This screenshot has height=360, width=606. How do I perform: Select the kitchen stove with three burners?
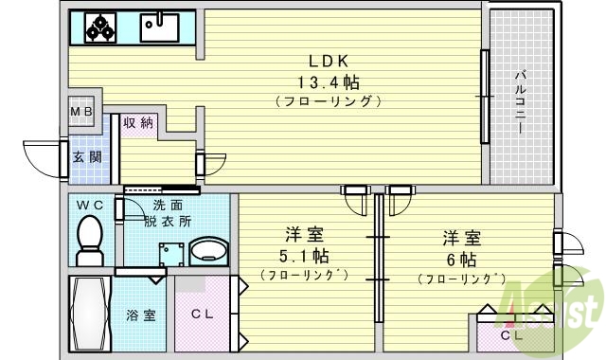100,27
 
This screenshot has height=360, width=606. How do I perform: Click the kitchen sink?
159,27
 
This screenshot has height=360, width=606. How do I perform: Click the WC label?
89,205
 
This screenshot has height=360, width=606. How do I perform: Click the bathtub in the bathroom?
92,312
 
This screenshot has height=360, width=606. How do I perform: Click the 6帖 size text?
463,259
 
